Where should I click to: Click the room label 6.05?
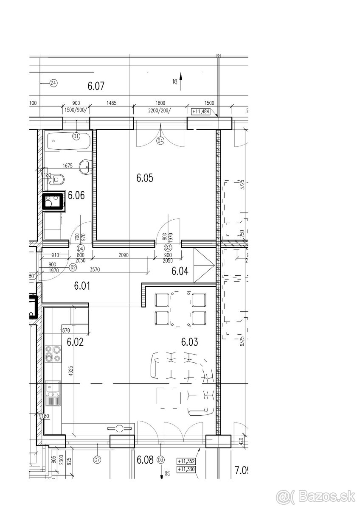pyautogui.click(x=144, y=178)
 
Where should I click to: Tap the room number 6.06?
pyautogui.click(x=76, y=196)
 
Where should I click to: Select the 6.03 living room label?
pyautogui.click(x=189, y=341)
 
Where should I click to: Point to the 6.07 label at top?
pyautogui.click(x=96, y=86)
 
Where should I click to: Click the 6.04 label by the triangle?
pyautogui.click(x=180, y=271)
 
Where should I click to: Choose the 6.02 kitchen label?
pyautogui.click(x=75, y=341)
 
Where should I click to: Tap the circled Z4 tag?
pyautogui.click(x=53, y=83)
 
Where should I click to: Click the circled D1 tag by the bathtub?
pyautogui.click(x=76, y=136)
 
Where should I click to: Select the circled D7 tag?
pyautogui.click(x=97, y=459)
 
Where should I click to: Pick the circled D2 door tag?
pyautogui.click(x=73, y=267)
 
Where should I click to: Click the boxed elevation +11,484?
pyautogui.click(x=202, y=112)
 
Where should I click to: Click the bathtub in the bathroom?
pyautogui.click(x=68, y=141)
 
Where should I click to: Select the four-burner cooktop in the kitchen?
pyautogui.click(x=53, y=354)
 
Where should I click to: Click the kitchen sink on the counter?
pyautogui.click(x=53, y=393)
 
